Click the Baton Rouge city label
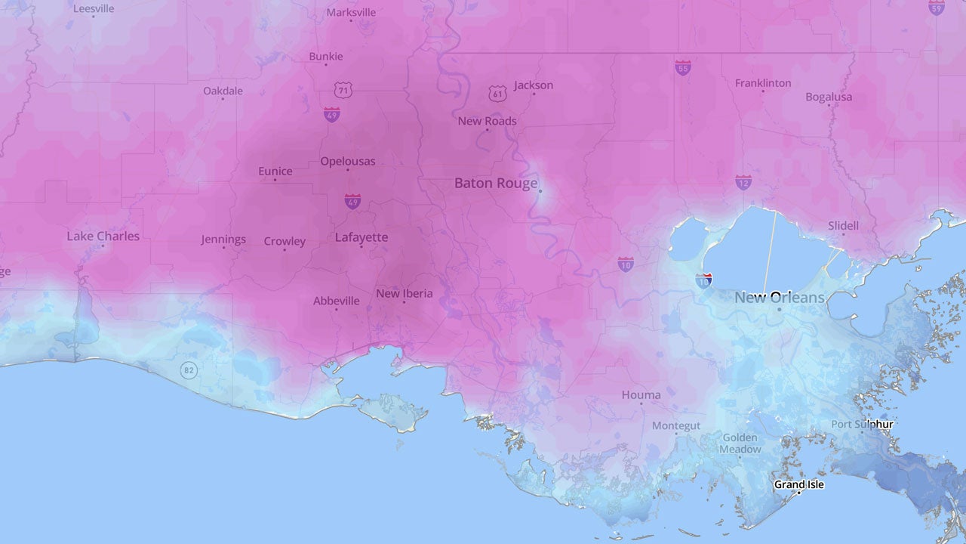tap(496, 184)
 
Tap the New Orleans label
tap(780, 298)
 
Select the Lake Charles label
tap(103, 236)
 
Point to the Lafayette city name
tap(361, 237)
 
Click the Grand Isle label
tap(799, 484)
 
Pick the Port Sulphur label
tap(862, 425)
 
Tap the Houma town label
tap(641, 394)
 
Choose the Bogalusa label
tap(829, 97)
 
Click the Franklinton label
tap(763, 83)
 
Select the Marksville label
tap(351, 13)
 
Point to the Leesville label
tap(94, 9)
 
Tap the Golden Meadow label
tap(740, 444)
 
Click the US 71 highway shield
tap(343, 90)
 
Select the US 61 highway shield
tap(497, 93)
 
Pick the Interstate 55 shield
tap(683, 67)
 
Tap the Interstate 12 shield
tap(743, 182)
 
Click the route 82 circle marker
tap(189, 370)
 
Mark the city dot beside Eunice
tap(275, 180)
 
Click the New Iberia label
tap(405, 293)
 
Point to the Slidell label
tap(843, 225)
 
